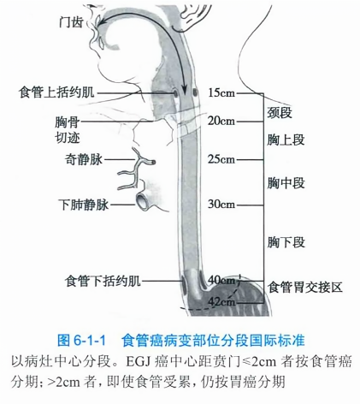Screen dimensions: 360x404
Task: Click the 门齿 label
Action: pos(71,22)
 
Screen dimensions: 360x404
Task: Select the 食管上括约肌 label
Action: pos(56,92)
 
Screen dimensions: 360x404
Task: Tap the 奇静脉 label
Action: pos(83,159)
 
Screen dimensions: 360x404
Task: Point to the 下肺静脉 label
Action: pos(84,205)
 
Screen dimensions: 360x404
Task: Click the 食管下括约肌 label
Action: pos(103,281)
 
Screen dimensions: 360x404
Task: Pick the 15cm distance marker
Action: pos(221,92)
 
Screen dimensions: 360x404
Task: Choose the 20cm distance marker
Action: pos(221,121)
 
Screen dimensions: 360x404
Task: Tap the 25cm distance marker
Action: pos(221,159)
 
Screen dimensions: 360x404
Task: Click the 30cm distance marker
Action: pos(221,205)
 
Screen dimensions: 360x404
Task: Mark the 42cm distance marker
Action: pos(221,301)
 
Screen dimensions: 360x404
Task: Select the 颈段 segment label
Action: pos(280,112)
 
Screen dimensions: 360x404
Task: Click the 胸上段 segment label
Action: pos(286,140)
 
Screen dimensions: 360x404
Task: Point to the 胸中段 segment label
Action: pos(286,182)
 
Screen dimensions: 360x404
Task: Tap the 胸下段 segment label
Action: pos(286,242)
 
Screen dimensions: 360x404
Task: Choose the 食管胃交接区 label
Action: pos(304,287)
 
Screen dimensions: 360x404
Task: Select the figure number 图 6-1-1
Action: pos(81,341)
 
